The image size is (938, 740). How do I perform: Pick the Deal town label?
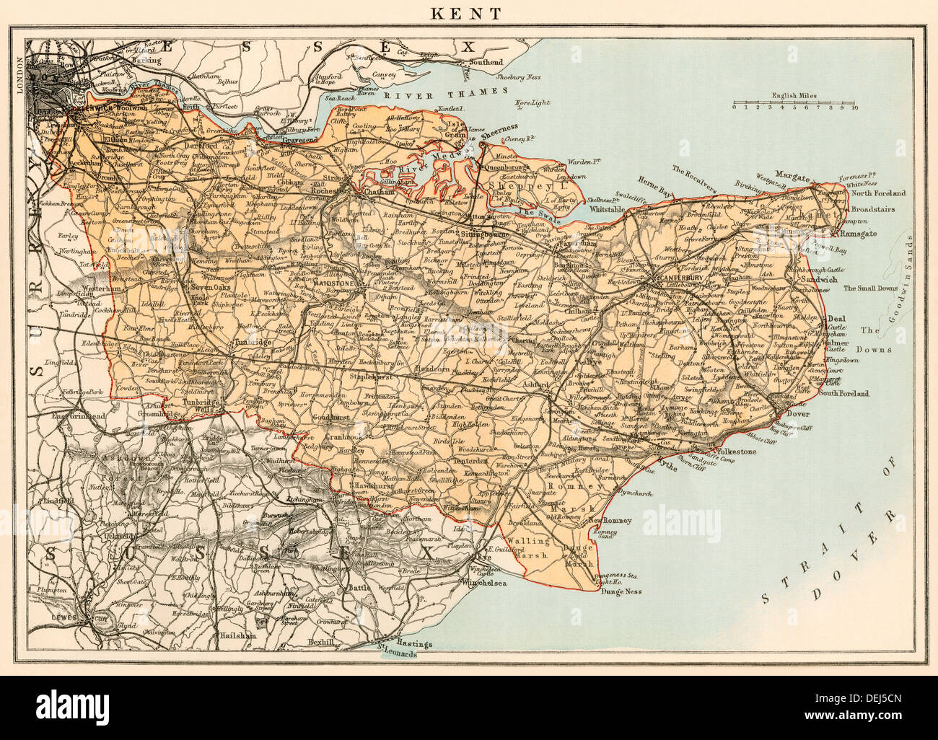pos(836,318)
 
